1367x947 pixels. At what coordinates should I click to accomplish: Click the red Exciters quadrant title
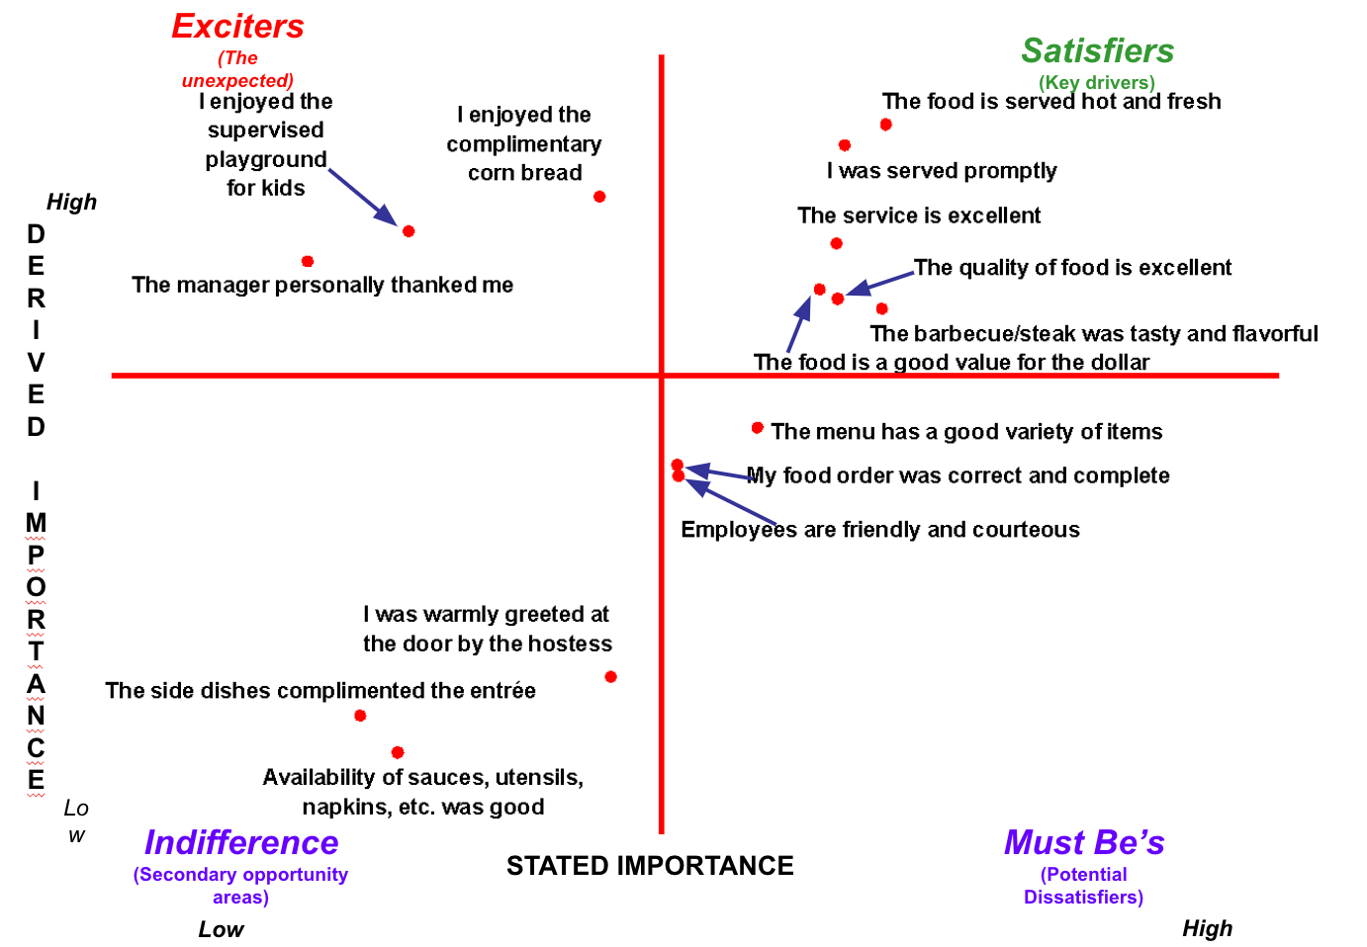coord(237,27)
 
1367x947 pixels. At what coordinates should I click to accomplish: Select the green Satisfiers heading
coord(1097,50)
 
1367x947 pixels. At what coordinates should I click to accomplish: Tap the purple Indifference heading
coord(241,842)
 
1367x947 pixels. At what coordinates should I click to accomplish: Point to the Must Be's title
coord(1084,842)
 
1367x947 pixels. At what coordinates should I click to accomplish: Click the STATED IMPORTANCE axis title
coord(650,866)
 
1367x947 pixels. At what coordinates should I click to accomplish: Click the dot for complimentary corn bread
coord(599,197)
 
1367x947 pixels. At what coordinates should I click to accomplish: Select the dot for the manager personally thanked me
coord(308,261)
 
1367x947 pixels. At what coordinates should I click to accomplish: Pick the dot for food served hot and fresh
coord(885,125)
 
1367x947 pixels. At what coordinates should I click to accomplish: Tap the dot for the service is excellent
coord(836,243)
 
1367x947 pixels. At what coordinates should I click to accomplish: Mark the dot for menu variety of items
coord(757,428)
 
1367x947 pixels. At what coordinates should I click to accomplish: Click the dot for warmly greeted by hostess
coord(610,677)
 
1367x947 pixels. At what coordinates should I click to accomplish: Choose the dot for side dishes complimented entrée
coord(360,716)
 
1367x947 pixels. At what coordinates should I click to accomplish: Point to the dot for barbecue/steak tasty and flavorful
coord(881,309)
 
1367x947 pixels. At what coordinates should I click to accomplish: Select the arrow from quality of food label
coord(880,283)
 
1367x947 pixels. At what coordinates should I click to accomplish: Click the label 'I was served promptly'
coord(942,171)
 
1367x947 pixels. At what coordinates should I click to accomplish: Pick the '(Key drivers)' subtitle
coord(1096,82)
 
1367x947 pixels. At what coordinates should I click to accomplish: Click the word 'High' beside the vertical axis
coord(71,203)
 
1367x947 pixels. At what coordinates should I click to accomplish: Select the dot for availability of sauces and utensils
coord(398,752)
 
